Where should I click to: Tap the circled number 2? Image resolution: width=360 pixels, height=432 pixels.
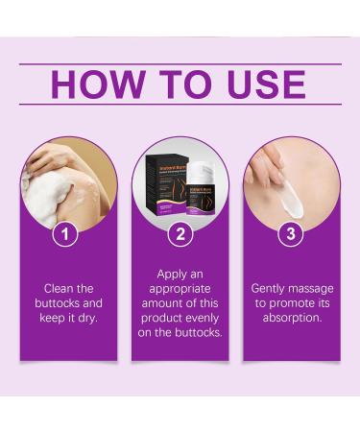point(180,233)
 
